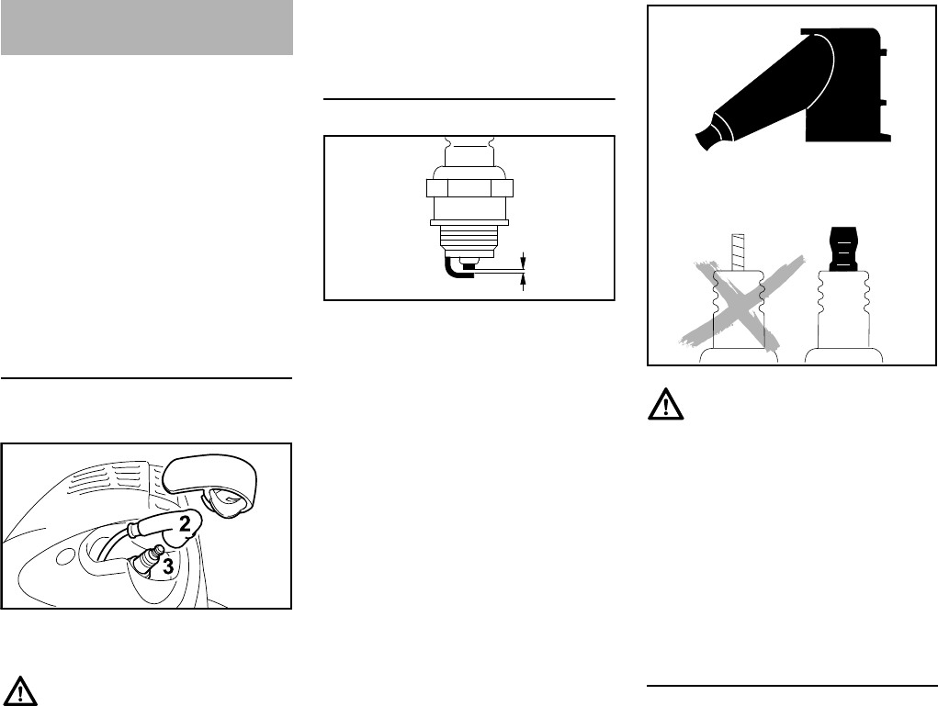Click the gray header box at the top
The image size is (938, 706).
(147, 28)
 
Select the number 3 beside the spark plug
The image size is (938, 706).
(168, 567)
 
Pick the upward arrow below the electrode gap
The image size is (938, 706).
(524, 282)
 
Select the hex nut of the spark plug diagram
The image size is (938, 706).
(469, 189)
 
